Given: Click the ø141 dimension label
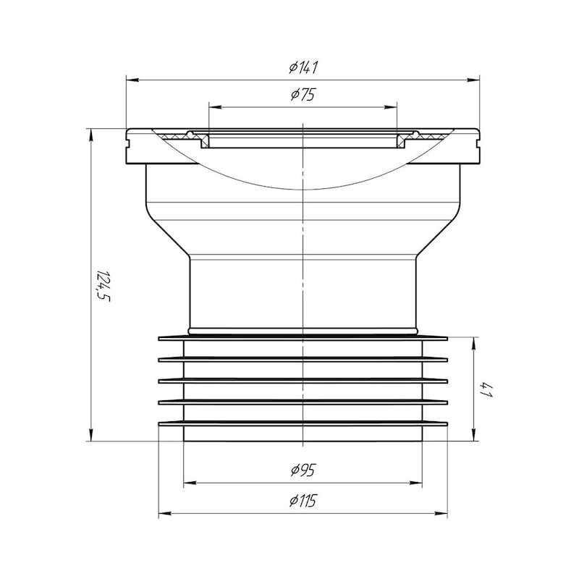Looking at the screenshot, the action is pyautogui.click(x=303, y=67).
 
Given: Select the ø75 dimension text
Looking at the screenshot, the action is pyautogui.click(x=303, y=95).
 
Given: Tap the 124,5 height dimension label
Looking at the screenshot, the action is pyautogui.click(x=103, y=285).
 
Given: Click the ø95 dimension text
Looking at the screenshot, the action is pyautogui.click(x=303, y=470).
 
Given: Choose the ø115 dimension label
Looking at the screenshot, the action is pyautogui.click(x=303, y=501).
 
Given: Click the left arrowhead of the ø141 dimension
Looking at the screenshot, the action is pyautogui.click(x=132, y=80).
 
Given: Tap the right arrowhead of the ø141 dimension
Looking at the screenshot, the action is pyautogui.click(x=473, y=80).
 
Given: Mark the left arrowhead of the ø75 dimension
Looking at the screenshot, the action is pyautogui.click(x=215, y=107).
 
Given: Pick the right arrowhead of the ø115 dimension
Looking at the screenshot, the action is pyautogui.click(x=441, y=513).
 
